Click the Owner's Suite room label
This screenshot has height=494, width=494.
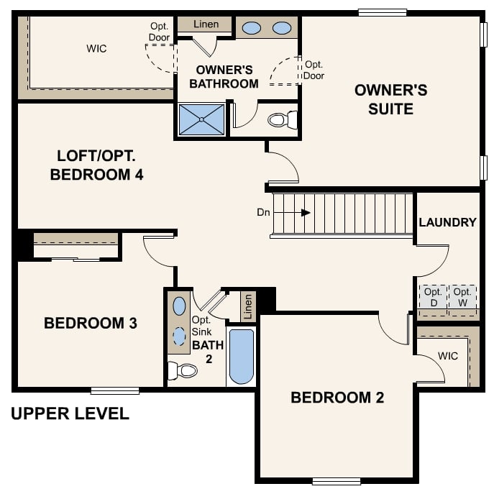[x=390, y=99]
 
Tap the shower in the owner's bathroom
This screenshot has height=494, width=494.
[x=201, y=119]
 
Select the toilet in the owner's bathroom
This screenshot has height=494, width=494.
[x=283, y=119]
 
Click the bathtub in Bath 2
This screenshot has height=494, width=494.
[x=242, y=356]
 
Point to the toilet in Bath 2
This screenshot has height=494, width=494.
[x=183, y=370]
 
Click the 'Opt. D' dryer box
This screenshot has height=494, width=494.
[x=433, y=297]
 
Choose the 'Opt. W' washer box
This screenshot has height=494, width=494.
[x=462, y=297]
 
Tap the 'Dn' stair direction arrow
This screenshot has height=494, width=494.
[x=305, y=213]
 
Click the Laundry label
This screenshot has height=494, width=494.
[x=447, y=222]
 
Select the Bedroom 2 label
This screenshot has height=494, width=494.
[x=337, y=398]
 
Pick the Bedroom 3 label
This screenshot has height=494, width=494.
[x=91, y=323]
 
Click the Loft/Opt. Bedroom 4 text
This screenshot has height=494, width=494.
[x=97, y=165]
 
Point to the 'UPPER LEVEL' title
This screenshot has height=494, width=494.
[x=70, y=413]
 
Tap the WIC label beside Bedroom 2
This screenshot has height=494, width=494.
[x=447, y=356]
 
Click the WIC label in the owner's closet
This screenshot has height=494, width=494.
[x=96, y=48]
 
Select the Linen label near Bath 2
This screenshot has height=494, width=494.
[x=248, y=306]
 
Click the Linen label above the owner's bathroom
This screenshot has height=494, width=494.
[x=206, y=24]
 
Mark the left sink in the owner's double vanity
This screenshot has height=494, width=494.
[x=252, y=28]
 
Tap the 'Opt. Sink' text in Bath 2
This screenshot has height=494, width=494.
[x=201, y=326]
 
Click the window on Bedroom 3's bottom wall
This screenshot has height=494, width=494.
[x=115, y=390]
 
